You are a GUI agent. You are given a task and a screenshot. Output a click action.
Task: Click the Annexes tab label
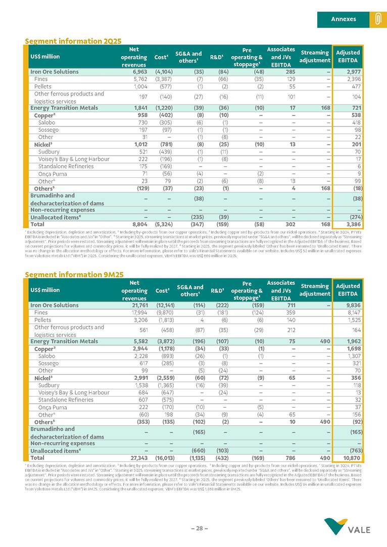pyautogui.click(x=343, y=19)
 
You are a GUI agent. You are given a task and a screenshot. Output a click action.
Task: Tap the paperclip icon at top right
pyautogui.click(x=377, y=19)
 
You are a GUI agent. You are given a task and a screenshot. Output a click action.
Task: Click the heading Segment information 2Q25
pyautogui.click(x=73, y=41)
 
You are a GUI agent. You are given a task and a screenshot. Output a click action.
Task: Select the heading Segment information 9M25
pyautogui.click(x=74, y=274)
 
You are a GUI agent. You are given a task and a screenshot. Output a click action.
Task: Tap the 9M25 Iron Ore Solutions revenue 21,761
pyautogui.click(x=134, y=305)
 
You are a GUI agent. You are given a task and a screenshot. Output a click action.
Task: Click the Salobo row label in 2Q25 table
pyautogui.click(x=46, y=123)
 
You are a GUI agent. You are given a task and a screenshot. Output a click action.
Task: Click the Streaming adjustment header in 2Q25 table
pyautogui.click(x=314, y=56)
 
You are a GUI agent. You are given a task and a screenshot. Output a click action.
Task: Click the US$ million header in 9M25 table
pyautogui.click(x=45, y=290)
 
